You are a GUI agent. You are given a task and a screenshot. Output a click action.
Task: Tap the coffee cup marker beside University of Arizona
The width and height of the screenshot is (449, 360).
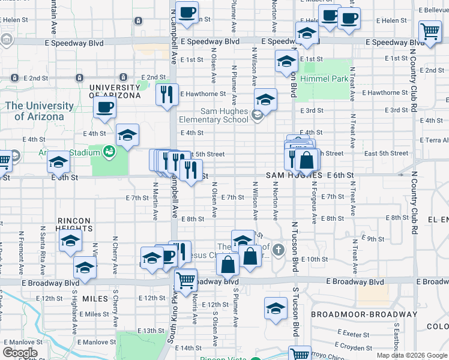click(x=105, y=109)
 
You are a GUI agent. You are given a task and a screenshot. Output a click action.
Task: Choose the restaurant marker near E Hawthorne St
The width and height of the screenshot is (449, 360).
click(x=167, y=94)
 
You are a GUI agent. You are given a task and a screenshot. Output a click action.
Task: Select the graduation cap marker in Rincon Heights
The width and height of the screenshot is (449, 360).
click(x=70, y=242)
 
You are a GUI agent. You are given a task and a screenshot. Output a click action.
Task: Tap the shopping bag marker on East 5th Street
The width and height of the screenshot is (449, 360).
click(x=306, y=160)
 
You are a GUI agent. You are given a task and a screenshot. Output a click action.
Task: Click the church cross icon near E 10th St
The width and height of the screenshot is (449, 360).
click(x=277, y=249)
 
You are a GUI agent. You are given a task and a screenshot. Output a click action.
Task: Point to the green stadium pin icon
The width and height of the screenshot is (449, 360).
click(x=109, y=151)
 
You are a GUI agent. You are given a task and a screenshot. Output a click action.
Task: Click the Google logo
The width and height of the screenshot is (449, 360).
click(x=20, y=353)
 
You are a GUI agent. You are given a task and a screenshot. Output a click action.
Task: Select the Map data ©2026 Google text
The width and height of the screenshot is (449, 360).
click(x=412, y=355)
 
